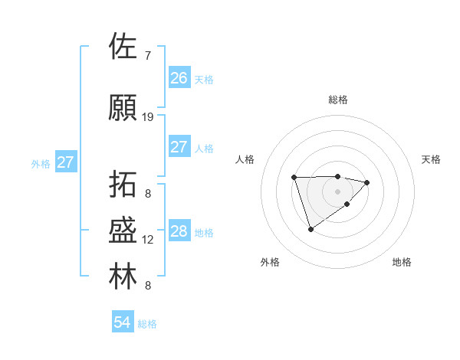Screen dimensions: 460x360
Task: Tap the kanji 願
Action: point(123,108)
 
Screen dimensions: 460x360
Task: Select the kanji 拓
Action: point(123,185)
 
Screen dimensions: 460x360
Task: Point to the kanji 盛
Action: point(123,231)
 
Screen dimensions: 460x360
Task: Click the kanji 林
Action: point(123,277)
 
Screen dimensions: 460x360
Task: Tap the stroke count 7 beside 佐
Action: point(148,55)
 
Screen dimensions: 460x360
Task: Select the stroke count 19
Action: point(148,117)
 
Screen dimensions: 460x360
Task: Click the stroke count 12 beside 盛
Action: point(148,240)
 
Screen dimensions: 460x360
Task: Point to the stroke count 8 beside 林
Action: point(148,286)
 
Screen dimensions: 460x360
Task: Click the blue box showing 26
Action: point(179,78)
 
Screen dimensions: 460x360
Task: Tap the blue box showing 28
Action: point(179,231)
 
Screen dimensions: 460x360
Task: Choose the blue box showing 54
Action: point(122,323)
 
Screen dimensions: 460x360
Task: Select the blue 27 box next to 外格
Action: point(65,162)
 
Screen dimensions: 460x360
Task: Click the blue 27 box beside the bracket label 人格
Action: point(179,147)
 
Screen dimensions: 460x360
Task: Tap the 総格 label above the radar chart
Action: point(338,100)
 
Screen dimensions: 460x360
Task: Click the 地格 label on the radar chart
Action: point(402,262)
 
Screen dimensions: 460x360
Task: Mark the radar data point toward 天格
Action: point(367,182)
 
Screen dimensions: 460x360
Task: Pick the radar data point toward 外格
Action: point(310,229)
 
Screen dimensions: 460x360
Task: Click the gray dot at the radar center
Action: point(338,191)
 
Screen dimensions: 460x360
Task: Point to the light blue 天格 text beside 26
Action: point(203,79)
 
